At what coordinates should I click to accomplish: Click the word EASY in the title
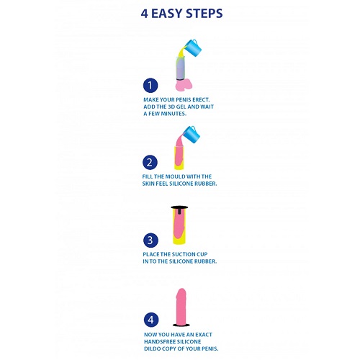[167, 14]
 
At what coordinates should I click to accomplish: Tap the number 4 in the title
[144, 14]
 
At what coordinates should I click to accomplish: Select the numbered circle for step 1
[150, 86]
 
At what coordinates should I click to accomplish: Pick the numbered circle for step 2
[150, 163]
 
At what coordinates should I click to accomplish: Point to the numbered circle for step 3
[150, 240]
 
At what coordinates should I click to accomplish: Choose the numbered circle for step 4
[151, 320]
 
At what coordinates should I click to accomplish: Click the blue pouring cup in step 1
[192, 48]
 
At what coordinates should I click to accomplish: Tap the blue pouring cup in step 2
[192, 135]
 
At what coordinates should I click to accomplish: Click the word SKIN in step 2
[148, 184]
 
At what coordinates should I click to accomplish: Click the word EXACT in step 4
[204, 335]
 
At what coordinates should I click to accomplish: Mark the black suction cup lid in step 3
[179, 208]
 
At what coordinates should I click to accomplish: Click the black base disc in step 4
[181, 325]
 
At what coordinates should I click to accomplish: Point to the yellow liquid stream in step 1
[181, 52]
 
